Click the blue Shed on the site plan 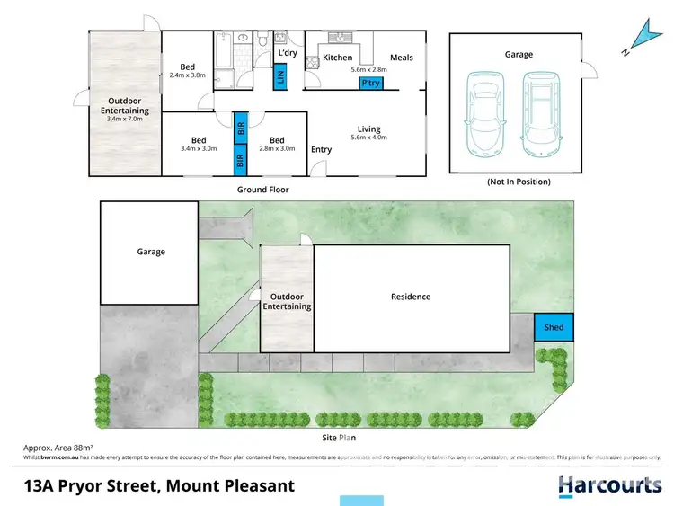[554, 327]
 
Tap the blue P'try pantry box [369, 84]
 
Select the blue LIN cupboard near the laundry [280, 76]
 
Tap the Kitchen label [338, 58]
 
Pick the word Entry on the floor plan [320, 149]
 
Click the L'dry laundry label [288, 54]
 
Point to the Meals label [402, 58]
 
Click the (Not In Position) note [518, 182]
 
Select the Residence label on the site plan [410, 297]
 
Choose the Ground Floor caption [262, 190]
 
